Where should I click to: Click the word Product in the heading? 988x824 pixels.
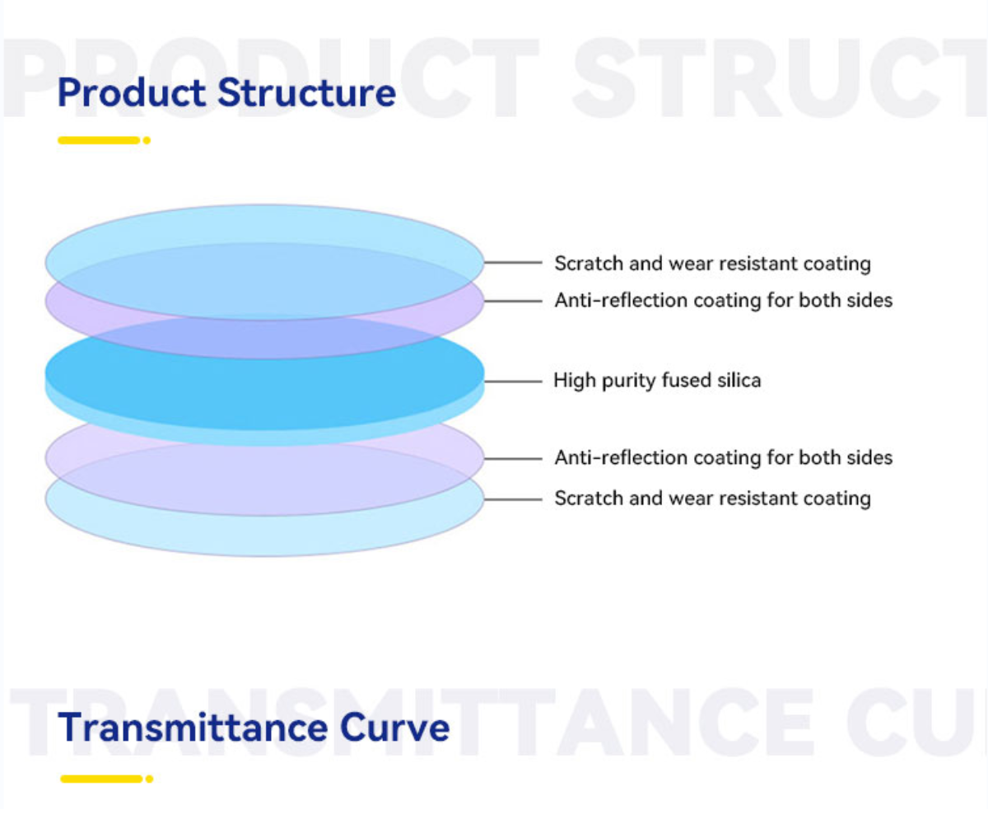[x=131, y=93]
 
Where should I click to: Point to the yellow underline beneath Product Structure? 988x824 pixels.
[x=98, y=141]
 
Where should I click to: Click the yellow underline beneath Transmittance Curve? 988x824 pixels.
[x=101, y=779]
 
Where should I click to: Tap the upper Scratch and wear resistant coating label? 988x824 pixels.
[x=712, y=264]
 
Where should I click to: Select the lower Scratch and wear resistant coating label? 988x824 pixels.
[x=712, y=499]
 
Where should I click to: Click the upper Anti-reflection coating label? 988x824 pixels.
[x=723, y=301]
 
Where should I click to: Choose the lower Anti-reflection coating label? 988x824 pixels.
[x=723, y=457]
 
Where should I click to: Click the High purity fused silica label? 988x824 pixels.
[x=656, y=381]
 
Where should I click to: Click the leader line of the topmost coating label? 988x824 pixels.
[x=513, y=263]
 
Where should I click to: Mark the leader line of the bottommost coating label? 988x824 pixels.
[x=513, y=499]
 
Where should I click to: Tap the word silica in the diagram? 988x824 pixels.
[x=740, y=381]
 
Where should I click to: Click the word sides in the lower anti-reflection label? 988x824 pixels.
[x=870, y=457]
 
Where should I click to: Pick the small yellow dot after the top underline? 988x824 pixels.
[x=147, y=141]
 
